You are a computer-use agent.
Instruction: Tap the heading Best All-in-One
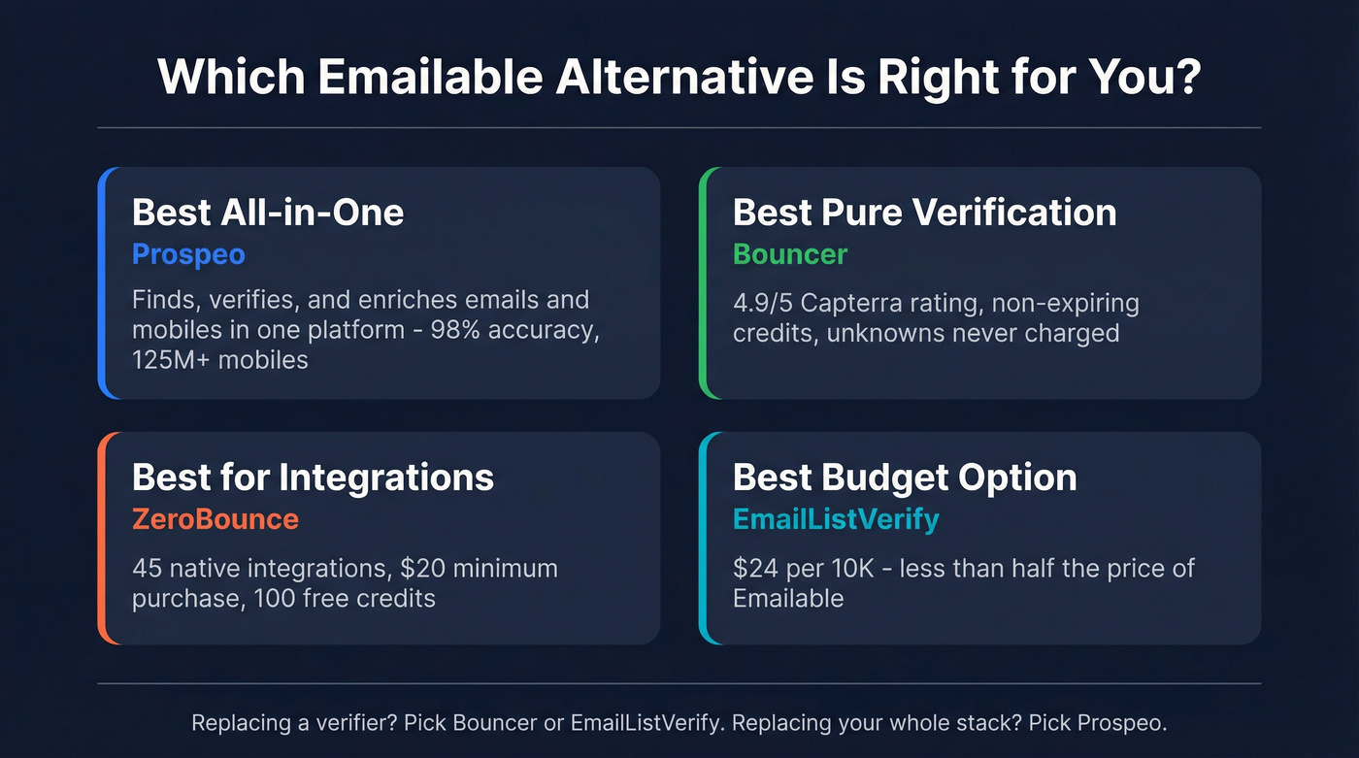click(x=268, y=213)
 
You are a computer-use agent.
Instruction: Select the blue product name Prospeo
click(x=188, y=254)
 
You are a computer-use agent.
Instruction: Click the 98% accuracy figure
click(x=506, y=329)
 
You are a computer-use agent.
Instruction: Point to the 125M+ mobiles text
click(x=220, y=359)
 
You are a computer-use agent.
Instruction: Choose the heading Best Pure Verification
click(x=924, y=213)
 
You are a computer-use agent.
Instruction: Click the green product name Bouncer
click(x=790, y=254)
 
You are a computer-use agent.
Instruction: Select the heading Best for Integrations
click(x=313, y=478)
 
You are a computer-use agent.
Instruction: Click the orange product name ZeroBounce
click(x=215, y=519)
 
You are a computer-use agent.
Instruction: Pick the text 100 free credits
click(x=345, y=597)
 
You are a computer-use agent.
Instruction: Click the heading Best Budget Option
click(x=905, y=478)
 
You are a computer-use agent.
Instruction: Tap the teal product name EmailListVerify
click(x=836, y=519)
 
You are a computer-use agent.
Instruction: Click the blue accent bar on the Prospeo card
click(x=102, y=282)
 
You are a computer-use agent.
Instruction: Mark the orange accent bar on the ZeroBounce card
click(x=102, y=538)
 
